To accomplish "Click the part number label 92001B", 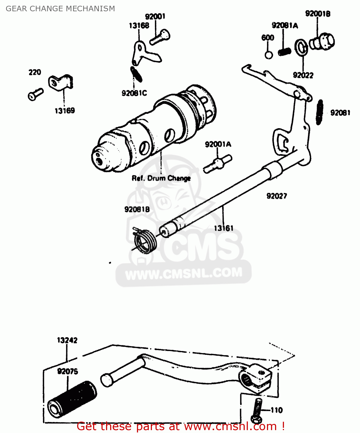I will pos(318,14).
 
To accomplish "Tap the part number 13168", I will pos(139,26).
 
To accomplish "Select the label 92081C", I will pos(134,93).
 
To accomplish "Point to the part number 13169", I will pos(65,111).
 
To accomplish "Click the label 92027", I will pos(277,196).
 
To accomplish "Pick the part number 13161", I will pos(223,228).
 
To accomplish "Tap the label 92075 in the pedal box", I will pos(68,371).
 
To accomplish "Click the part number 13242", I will pos(67,340).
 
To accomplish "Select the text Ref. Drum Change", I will pos(161,178).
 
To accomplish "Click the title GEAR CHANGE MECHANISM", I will pos(60,9).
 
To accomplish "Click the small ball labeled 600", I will pos(269,55).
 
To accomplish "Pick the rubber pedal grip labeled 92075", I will pos(72,399).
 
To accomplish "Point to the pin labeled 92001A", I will pos(218,164).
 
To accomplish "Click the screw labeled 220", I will pos(35,94).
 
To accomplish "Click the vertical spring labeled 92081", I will pos(320,112).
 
